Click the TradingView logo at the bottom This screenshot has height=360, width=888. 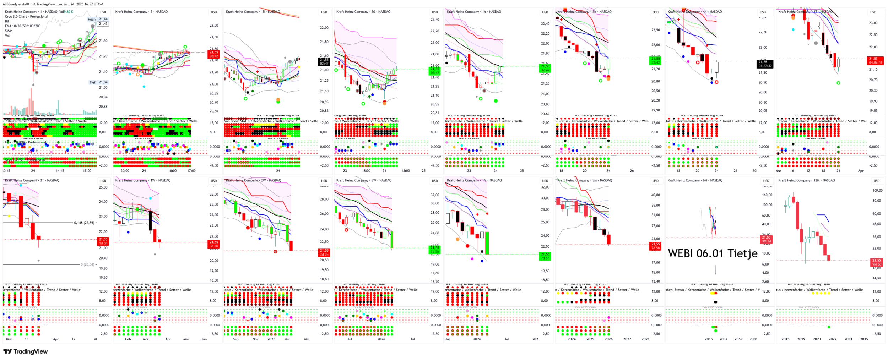25,351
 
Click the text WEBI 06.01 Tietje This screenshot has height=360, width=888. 713,253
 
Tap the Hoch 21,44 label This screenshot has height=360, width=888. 98,19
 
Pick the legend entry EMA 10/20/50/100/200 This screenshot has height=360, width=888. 23,26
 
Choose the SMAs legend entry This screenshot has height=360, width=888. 9,31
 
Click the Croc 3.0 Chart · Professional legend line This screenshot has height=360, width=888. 26,16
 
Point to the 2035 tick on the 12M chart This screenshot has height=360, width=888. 864,339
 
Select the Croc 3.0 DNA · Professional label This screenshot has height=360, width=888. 26,142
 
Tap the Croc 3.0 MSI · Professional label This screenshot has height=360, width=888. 25,160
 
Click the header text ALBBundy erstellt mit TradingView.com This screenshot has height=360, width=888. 53,4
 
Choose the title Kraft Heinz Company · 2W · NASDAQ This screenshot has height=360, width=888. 253,180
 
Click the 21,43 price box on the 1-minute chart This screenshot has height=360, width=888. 103,24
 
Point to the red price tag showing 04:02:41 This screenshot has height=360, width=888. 875,60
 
